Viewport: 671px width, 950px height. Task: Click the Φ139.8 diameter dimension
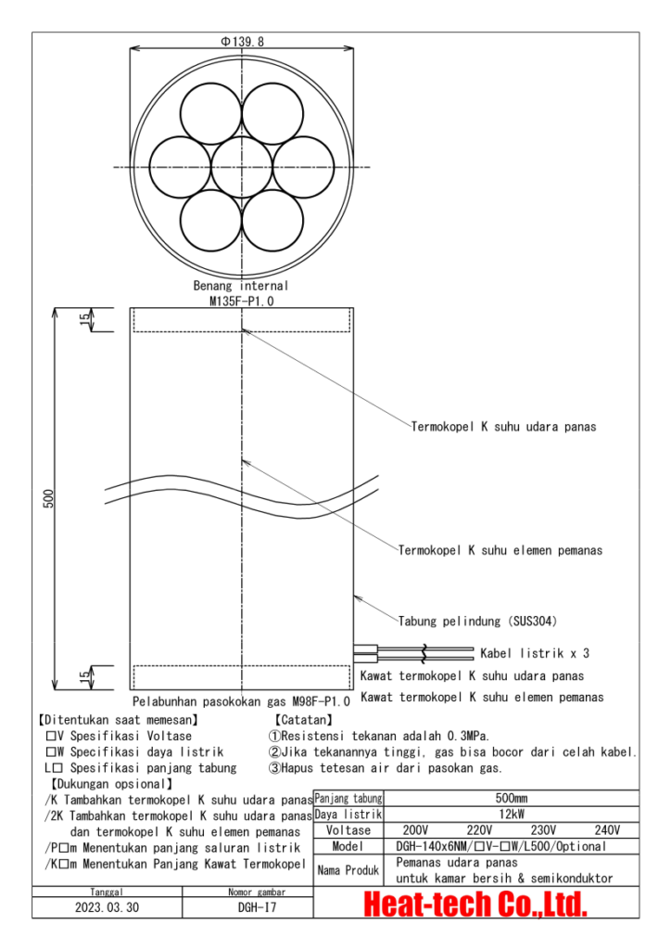241,42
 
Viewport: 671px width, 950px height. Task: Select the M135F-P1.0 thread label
241,301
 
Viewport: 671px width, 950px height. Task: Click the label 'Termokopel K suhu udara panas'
503,428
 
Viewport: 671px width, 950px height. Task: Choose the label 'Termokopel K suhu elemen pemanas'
500,550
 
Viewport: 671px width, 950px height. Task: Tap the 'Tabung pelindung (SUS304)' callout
477,621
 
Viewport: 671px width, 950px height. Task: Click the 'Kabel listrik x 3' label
535,653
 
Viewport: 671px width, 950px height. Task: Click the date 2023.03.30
108,907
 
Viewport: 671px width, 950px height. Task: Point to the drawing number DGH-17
249,907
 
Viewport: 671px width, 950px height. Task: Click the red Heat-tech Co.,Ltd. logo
476,904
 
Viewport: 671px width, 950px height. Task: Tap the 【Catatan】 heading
304,719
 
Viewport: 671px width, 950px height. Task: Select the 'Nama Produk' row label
348,870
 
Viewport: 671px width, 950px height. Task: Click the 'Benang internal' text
241,286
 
